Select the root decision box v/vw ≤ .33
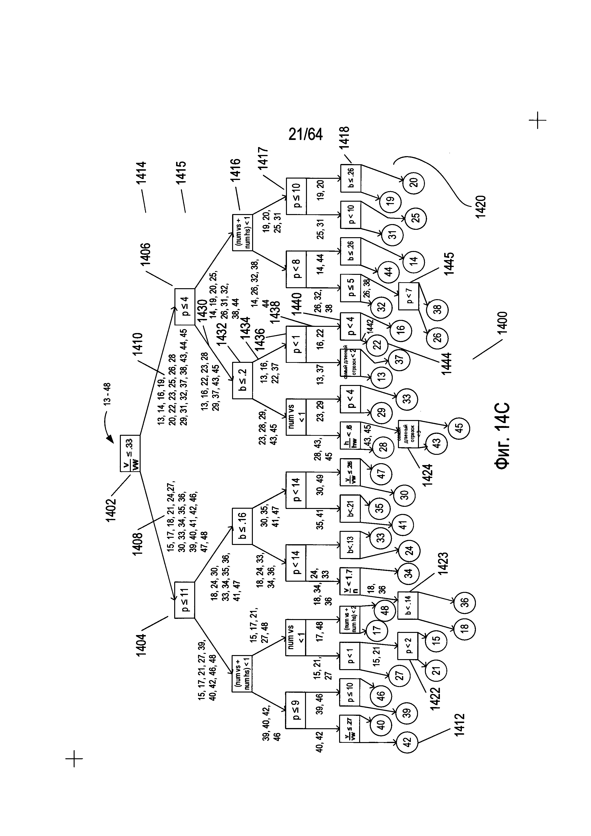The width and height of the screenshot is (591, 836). pos(130,453)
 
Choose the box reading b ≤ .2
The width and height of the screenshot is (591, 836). pos(242,380)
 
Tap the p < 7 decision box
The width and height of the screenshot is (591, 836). pos(409,296)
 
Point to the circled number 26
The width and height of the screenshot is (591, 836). pos(437,337)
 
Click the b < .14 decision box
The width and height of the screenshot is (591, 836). pos(408,605)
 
